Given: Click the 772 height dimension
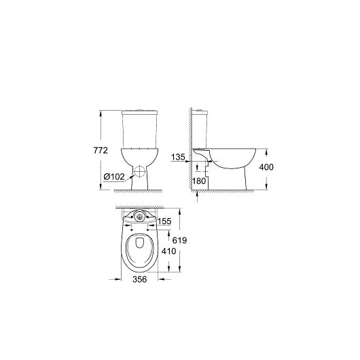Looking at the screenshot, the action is (101, 150).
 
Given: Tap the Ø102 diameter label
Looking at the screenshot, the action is (114, 177).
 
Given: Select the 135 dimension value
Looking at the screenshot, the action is (178, 157).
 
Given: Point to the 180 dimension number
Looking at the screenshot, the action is (199, 181).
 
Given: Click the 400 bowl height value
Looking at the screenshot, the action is (266, 167).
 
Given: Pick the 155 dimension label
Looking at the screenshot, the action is (164, 221).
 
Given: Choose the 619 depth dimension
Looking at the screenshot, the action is (179, 240).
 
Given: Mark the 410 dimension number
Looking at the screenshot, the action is (168, 251).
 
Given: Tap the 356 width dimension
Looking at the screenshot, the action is (140, 279).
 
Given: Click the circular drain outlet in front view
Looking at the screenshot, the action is (140, 170).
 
